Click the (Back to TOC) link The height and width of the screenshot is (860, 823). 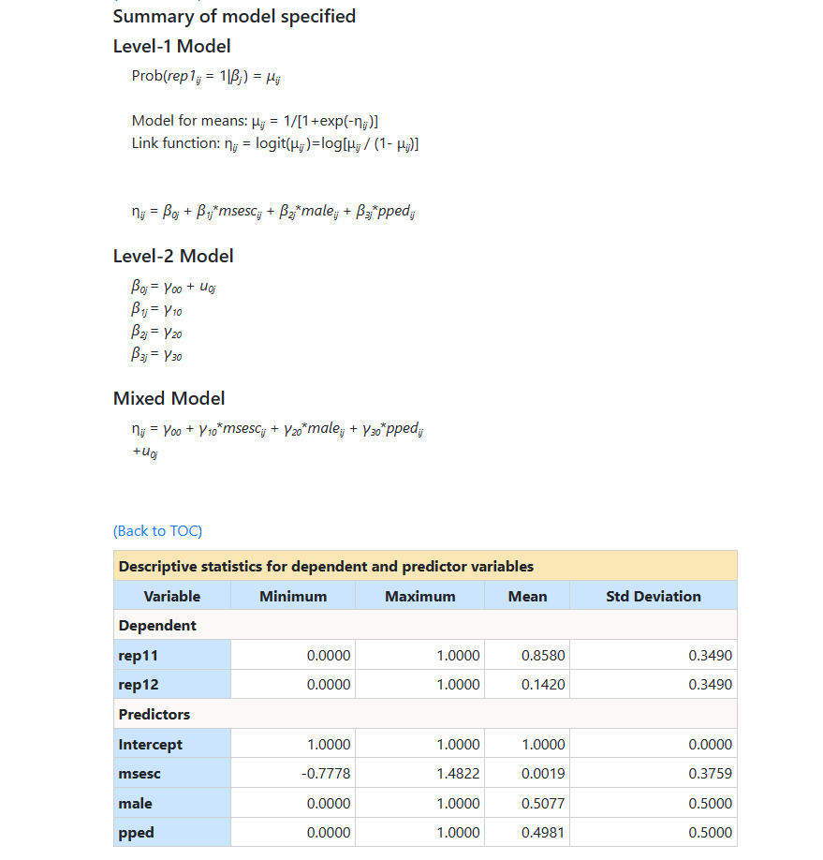pyautogui.click(x=157, y=531)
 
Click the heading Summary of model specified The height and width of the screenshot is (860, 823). pyautogui.click(x=234, y=16)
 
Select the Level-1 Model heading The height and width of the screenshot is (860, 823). pyautogui.click(x=171, y=46)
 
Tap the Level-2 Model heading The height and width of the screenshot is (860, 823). pyautogui.click(x=173, y=256)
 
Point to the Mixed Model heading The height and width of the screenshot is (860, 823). pyautogui.click(x=169, y=398)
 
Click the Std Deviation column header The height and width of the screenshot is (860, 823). pyautogui.click(x=653, y=596)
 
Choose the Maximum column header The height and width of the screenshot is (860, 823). pyautogui.click(x=419, y=596)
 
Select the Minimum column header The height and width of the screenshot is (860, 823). pyautogui.click(x=293, y=596)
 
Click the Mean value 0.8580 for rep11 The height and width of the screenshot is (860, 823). pyautogui.click(x=543, y=655)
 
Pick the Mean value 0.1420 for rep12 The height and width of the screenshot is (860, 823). pyautogui.click(x=543, y=685)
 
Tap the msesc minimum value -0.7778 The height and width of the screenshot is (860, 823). pyautogui.click(x=326, y=774)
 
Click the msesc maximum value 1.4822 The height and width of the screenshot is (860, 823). pyautogui.click(x=458, y=774)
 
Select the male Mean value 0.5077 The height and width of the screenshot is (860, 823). pyautogui.click(x=543, y=804)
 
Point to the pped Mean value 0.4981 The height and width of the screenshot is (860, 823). pyautogui.click(x=543, y=833)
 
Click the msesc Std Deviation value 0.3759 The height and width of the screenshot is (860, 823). pyautogui.click(x=710, y=774)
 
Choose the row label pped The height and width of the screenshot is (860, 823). pyautogui.click(x=137, y=833)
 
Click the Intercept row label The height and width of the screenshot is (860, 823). pyautogui.click(x=151, y=745)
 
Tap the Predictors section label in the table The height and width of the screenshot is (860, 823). pyautogui.click(x=154, y=715)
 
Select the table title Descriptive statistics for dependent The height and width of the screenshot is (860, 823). pyautogui.click(x=326, y=566)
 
